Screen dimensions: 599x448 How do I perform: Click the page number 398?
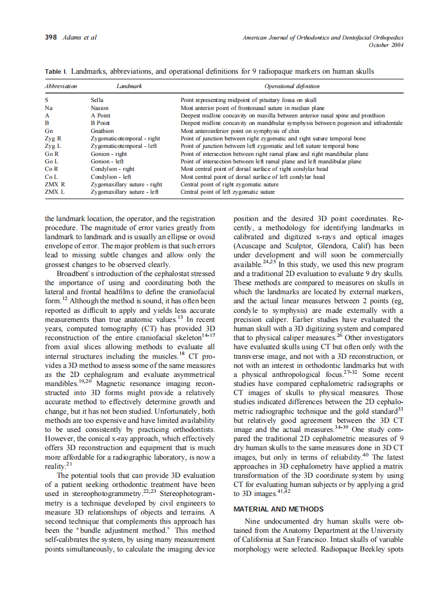pyautogui.click(x=51, y=37)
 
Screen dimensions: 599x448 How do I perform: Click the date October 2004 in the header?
pyautogui.click(x=386, y=45)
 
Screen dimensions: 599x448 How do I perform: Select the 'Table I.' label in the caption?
pyautogui.click(x=56, y=72)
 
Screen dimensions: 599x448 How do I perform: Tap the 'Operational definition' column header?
pyautogui.click(x=292, y=86)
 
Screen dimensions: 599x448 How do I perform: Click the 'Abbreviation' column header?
pyautogui.click(x=61, y=86)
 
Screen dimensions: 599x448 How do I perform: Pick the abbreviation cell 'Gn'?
pyautogui.click(x=49, y=131)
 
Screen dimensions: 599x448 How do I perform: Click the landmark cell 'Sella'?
pyautogui.click(x=97, y=100)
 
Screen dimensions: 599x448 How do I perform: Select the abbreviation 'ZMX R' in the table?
pyautogui.click(x=55, y=184)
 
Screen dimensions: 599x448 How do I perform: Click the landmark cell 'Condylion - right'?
pyautogui.click(x=112, y=169)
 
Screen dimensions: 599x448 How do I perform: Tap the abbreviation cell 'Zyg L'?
pyautogui.click(x=53, y=146)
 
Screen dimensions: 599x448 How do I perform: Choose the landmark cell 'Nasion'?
pyautogui.click(x=99, y=108)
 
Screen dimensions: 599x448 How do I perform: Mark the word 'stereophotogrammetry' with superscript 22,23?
pyautogui.click(x=109, y=494)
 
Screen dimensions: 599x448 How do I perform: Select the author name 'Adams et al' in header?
pyautogui.click(x=80, y=37)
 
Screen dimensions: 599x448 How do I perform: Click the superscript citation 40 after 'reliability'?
pyautogui.click(x=366, y=455)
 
